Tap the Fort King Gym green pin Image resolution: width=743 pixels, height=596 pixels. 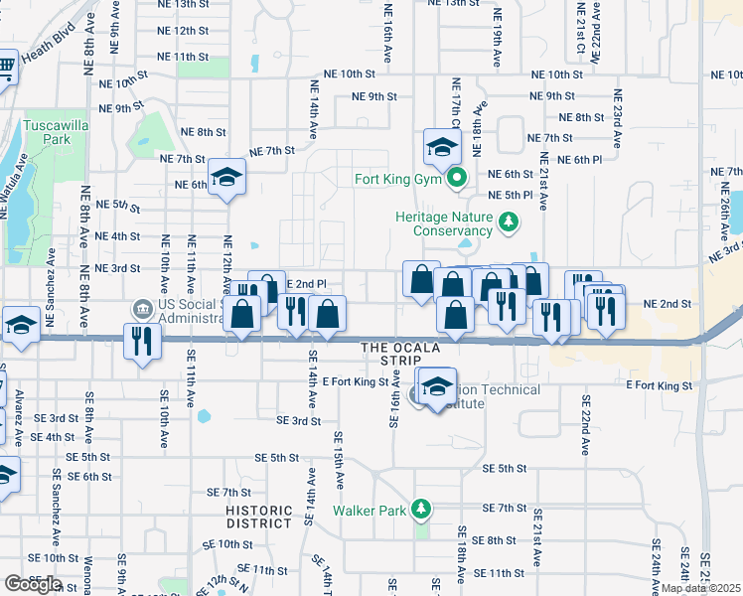point(457,180)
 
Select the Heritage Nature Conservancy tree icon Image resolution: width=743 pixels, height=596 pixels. point(509,220)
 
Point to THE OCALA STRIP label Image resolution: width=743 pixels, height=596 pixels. point(399,348)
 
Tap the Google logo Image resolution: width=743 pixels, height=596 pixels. point(33,584)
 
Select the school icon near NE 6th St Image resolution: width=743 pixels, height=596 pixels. point(227,177)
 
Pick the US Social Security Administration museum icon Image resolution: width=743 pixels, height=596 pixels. point(141,307)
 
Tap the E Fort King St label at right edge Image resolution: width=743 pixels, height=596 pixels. point(658,384)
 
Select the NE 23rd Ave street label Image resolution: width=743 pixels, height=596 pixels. point(618,120)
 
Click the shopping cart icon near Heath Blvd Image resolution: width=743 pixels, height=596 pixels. point(5,68)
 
